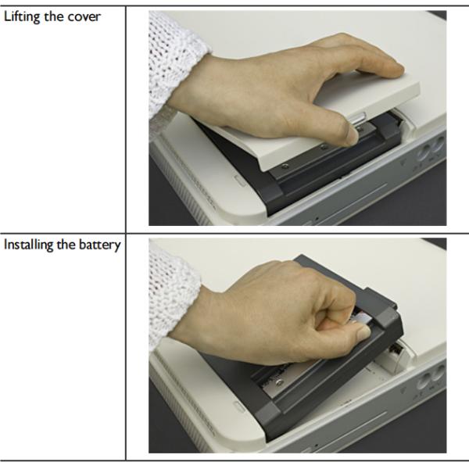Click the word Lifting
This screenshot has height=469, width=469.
[22, 16]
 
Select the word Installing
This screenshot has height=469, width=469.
[28, 245]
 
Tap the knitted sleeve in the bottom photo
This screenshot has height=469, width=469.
[172, 296]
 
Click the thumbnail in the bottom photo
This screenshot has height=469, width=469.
[364, 333]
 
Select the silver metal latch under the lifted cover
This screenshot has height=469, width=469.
[358, 119]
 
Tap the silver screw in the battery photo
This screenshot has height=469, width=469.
[279, 381]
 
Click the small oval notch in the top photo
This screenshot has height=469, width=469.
[240, 181]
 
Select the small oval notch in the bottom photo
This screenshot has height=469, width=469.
[240, 407]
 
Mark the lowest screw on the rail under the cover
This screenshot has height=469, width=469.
[285, 166]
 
